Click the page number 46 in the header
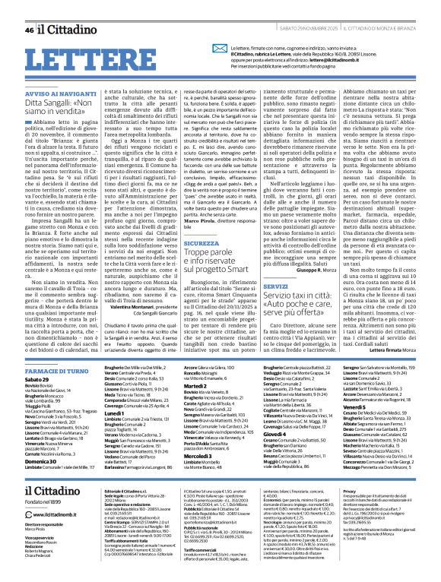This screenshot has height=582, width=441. pyautogui.click(x=28, y=9)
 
